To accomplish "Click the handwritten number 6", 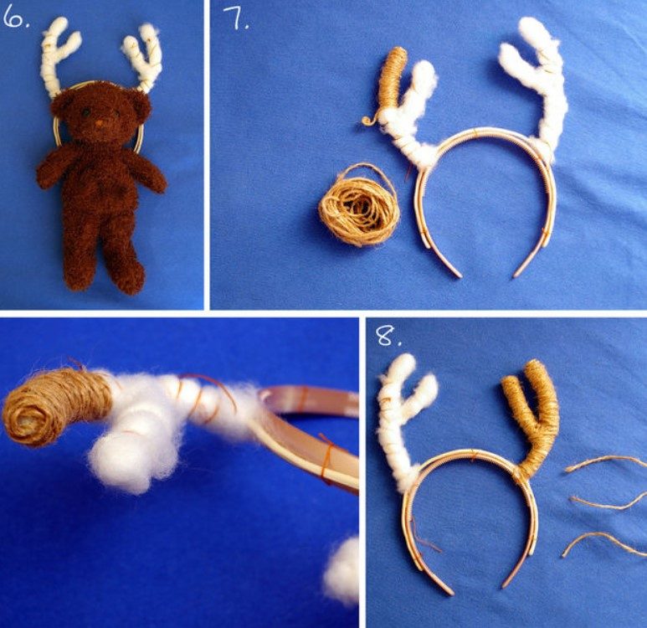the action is coord(15,18).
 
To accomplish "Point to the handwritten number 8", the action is coord(388,335).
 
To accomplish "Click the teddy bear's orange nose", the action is coord(99,123).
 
